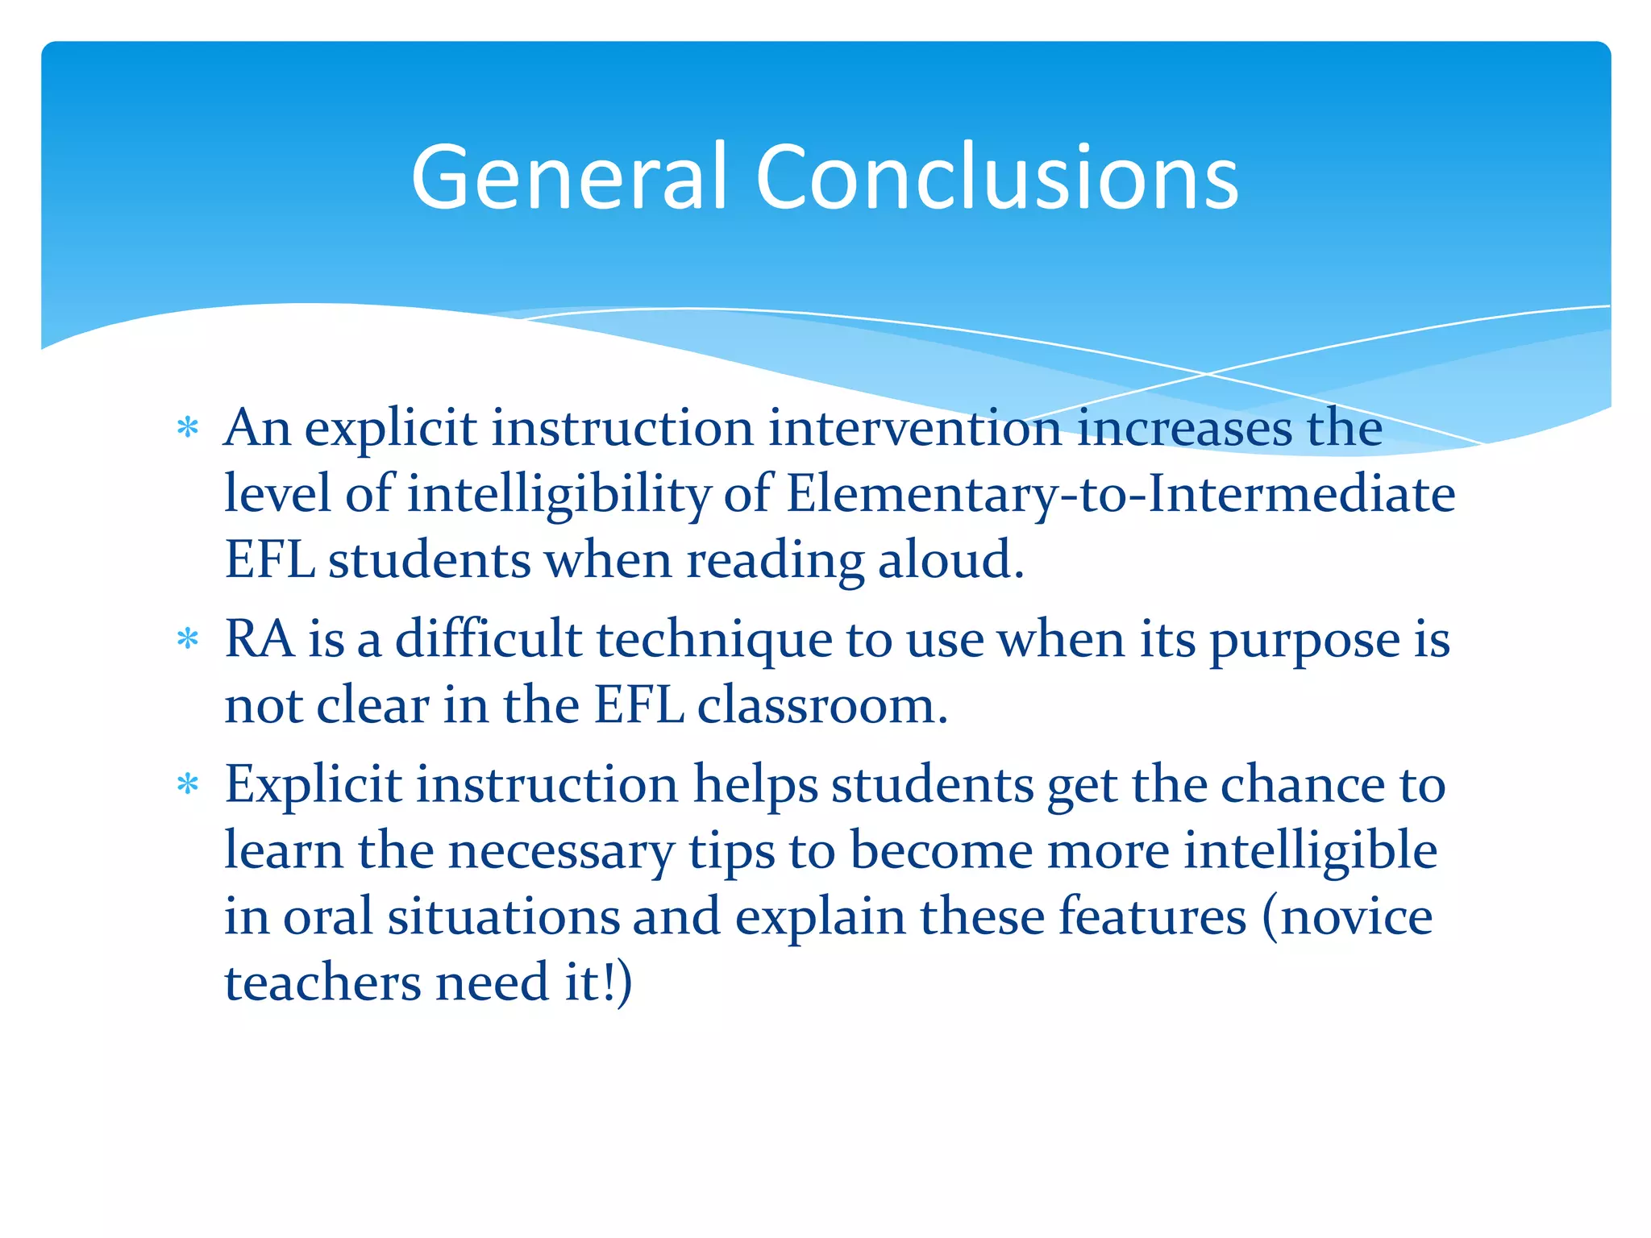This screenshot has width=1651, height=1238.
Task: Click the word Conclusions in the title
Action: pyautogui.click(x=996, y=177)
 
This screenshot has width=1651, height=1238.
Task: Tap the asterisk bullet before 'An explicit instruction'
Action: pyautogui.click(x=188, y=427)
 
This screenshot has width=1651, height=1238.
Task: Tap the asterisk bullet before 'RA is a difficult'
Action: pyautogui.click(x=188, y=640)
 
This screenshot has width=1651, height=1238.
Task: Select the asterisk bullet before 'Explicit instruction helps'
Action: pyautogui.click(x=188, y=784)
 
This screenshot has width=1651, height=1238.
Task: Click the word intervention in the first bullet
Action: pyautogui.click(x=914, y=428)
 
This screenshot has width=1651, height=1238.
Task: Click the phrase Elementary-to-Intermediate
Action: pyautogui.click(x=1121, y=494)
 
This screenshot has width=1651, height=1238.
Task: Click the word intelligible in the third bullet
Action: pyautogui.click(x=1310, y=851)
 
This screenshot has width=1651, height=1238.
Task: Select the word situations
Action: pyautogui.click(x=504, y=917)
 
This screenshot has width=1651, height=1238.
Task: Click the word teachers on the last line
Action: pyautogui.click(x=322, y=983)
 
